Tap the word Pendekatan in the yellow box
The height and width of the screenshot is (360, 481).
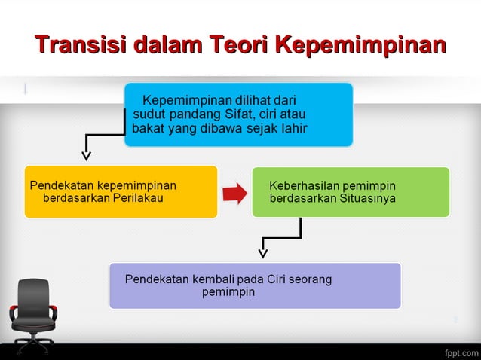(60, 185)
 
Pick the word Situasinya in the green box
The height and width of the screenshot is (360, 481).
(366, 198)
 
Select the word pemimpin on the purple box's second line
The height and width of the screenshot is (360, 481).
(228, 292)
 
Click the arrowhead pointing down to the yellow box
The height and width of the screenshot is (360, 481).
(87, 156)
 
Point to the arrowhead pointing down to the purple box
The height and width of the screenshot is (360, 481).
(262, 252)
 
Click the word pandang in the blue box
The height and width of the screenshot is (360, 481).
(185, 114)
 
